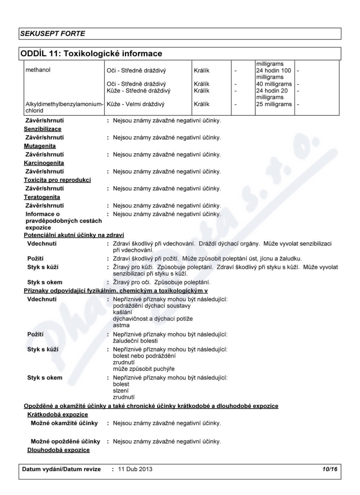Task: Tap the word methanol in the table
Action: click(37, 70)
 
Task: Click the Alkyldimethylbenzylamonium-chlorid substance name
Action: click(63, 107)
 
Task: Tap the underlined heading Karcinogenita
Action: click(44, 163)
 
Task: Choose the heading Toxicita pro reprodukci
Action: click(57, 180)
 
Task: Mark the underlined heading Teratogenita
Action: click(42, 197)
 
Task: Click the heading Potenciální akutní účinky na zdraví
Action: click(74, 235)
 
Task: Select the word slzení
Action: click(121, 391)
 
